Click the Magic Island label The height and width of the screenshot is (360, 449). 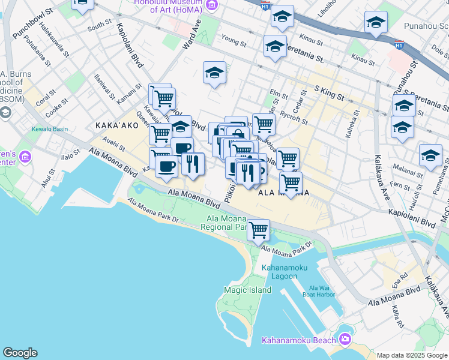pos(247,290)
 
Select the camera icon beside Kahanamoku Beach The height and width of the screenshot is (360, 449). pos(345,340)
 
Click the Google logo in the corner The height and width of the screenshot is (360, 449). pos(20,353)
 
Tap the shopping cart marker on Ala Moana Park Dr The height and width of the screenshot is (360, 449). pos(258,229)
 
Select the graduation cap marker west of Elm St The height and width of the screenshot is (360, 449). pos(214,73)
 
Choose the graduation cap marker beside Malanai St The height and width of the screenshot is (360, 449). pos(430,156)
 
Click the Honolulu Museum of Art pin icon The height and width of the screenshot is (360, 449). pos(211,5)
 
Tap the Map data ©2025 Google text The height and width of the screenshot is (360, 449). pos(412,355)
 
